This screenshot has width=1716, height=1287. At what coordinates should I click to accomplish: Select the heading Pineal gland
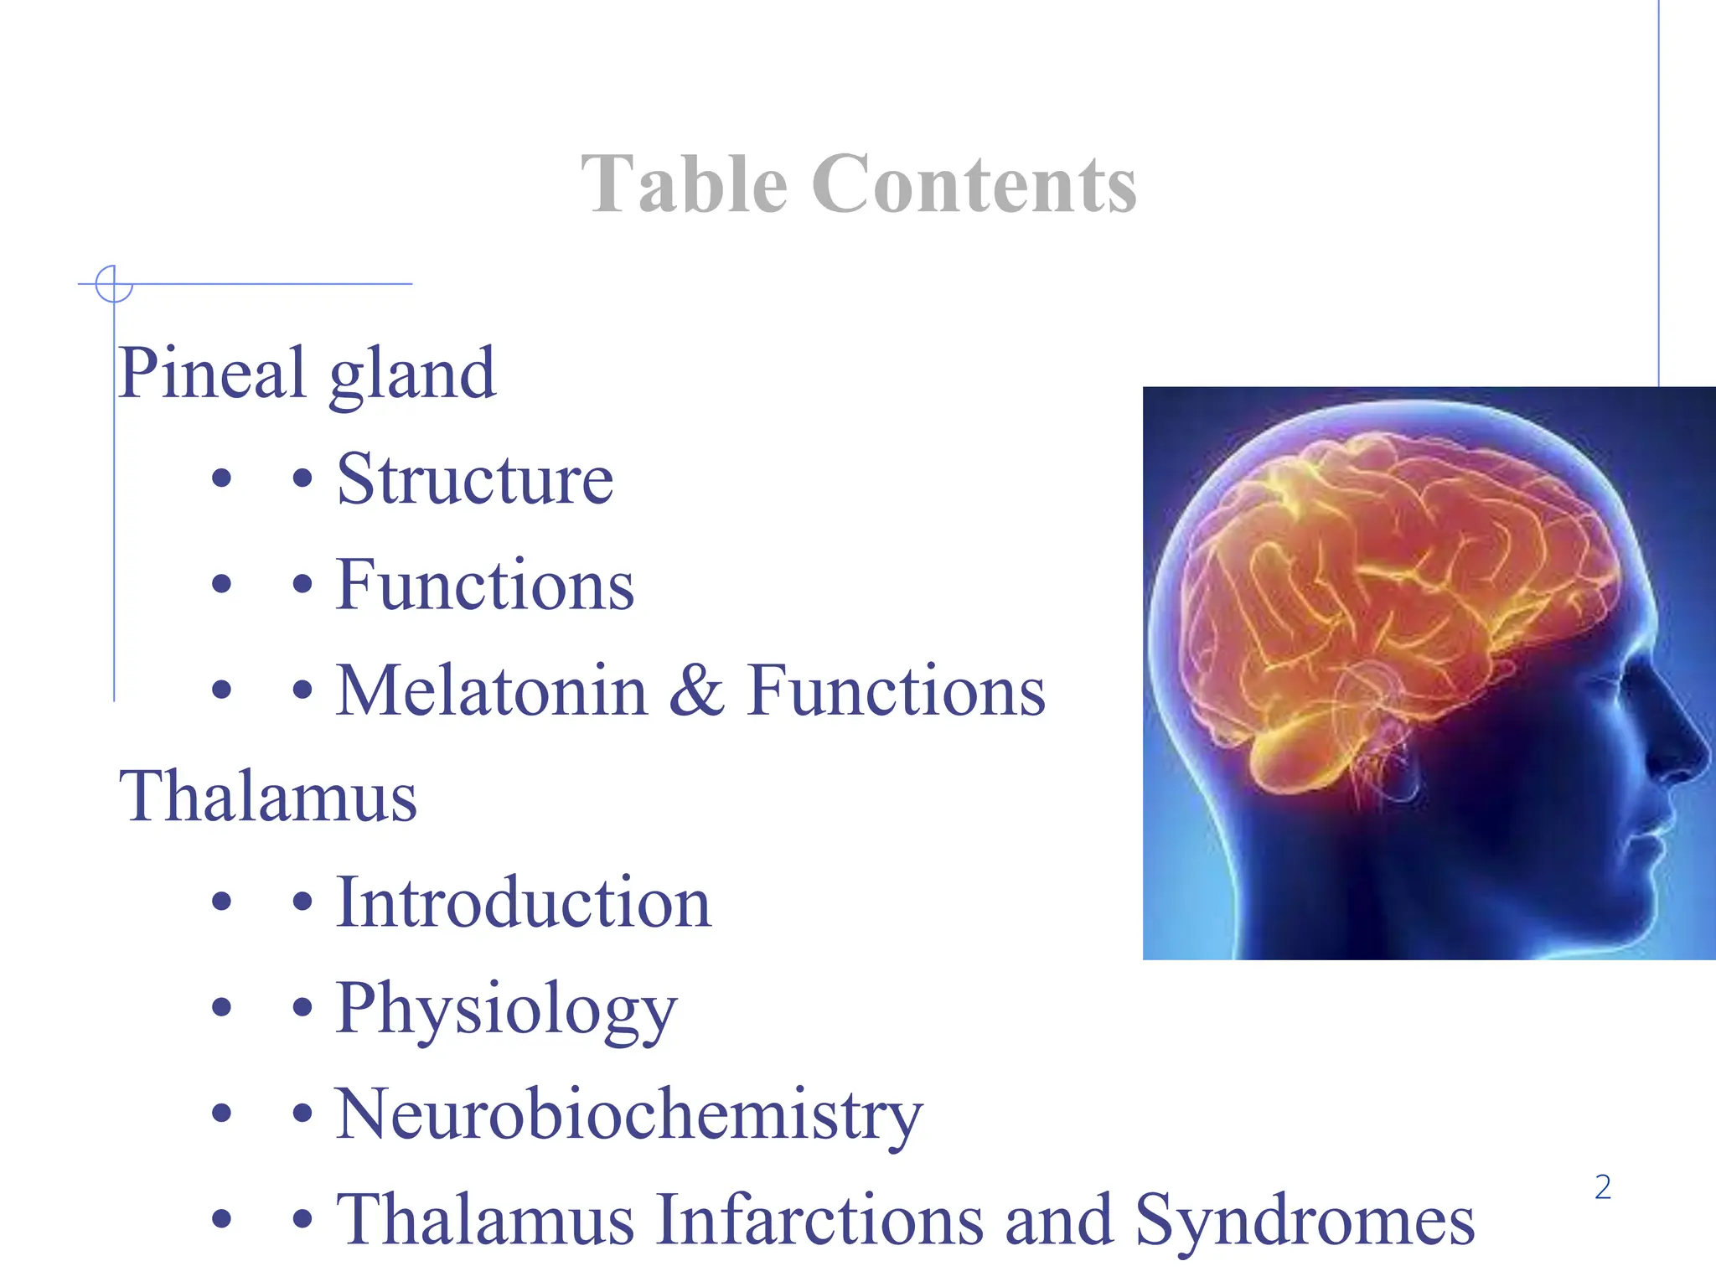click(307, 374)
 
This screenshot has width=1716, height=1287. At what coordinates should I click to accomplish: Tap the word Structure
click(475, 479)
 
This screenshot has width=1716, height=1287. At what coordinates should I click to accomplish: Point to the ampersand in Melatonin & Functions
click(696, 690)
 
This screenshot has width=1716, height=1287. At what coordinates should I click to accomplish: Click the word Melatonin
click(492, 690)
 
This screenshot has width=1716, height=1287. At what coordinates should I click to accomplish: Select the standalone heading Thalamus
click(268, 796)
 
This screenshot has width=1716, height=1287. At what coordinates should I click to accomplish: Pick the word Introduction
click(524, 903)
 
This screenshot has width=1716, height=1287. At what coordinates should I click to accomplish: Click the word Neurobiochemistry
click(628, 1115)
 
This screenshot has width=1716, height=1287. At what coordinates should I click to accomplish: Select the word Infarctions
click(819, 1221)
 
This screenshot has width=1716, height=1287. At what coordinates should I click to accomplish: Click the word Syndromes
click(1304, 1221)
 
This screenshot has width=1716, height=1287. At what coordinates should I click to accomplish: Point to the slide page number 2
click(1602, 1187)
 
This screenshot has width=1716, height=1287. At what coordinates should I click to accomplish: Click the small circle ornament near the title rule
click(114, 284)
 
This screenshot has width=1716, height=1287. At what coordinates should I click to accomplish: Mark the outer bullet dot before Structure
click(221, 479)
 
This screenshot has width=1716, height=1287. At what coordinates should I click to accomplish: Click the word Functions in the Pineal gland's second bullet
click(485, 585)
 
